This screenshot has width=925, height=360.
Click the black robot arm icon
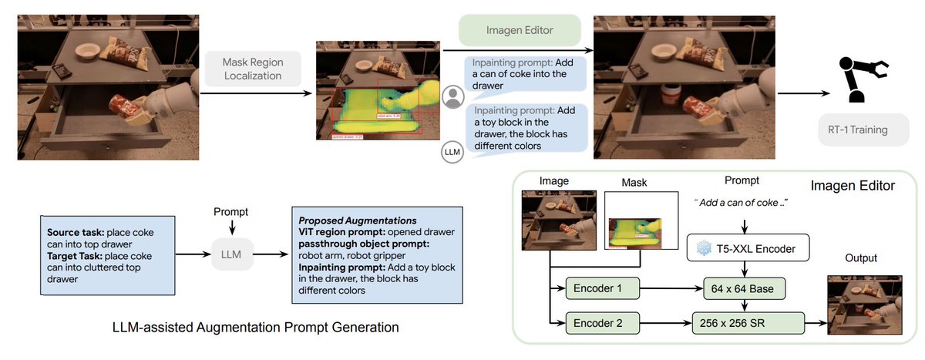click(860, 78)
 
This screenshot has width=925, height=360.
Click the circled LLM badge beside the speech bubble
click(452, 152)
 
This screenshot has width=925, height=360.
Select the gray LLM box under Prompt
click(233, 251)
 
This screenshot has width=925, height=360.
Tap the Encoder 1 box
click(603, 289)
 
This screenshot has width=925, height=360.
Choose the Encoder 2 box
click(603, 322)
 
